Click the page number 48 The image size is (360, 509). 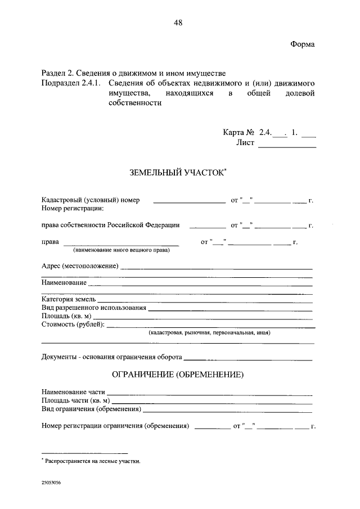click(178, 22)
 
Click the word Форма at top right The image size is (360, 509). click(303, 44)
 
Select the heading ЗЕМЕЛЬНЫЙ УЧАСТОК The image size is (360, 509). click(177, 173)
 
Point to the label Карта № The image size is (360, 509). click(239, 133)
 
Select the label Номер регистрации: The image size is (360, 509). click(73, 209)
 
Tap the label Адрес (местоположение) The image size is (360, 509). click(80, 265)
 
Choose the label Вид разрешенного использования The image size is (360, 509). click(94, 308)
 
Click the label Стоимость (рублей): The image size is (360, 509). click(73, 325)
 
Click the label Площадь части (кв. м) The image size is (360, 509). click(75, 400)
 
